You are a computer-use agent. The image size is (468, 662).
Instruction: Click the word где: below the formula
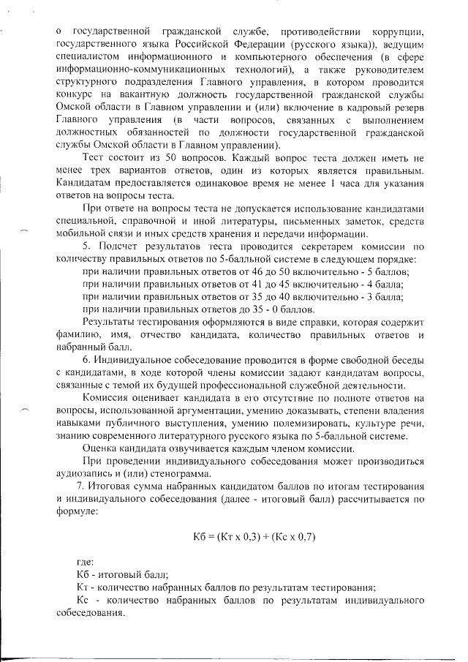[85, 563]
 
